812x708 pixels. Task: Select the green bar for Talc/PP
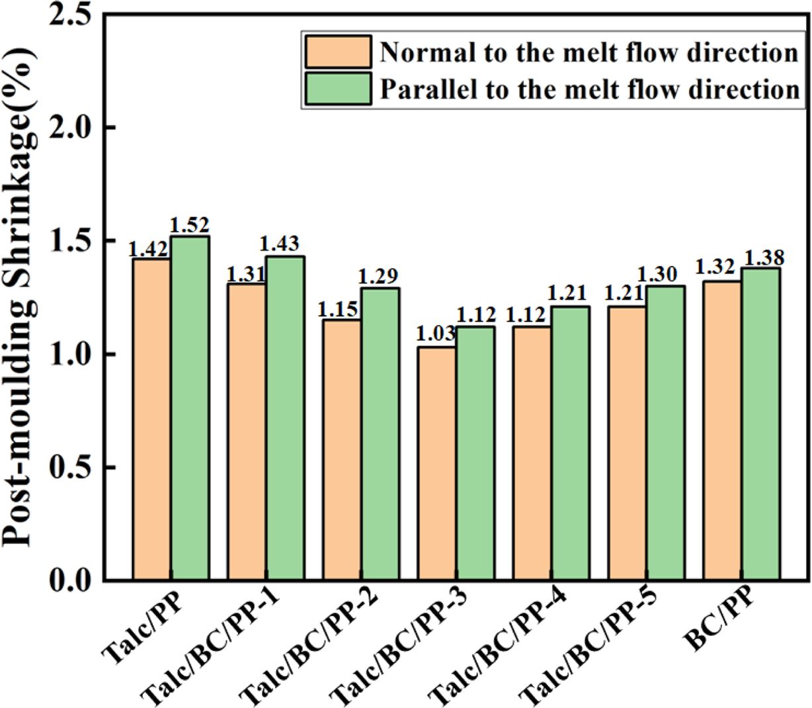tap(190, 408)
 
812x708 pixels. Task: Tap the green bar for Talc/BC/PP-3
tap(475, 453)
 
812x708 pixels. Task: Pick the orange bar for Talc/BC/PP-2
tap(342, 450)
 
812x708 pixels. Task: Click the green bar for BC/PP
tap(760, 423)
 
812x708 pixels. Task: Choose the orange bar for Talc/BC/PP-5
tap(628, 443)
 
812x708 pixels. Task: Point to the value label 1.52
tap(190, 226)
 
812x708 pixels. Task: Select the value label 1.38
tap(760, 257)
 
